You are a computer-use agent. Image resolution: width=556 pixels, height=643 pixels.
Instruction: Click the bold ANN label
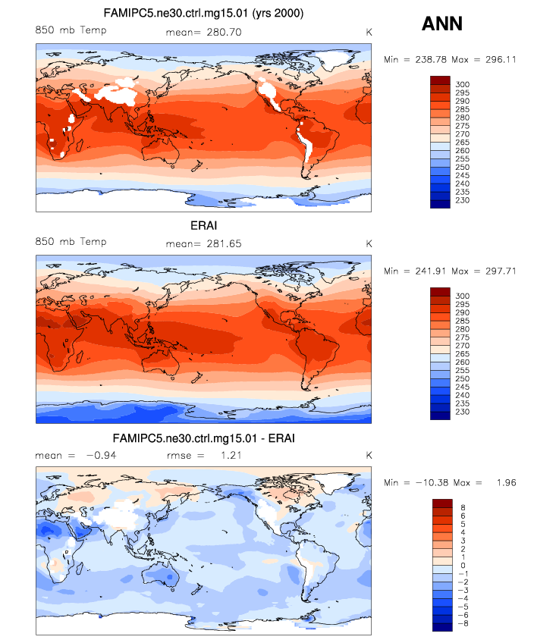coord(442,24)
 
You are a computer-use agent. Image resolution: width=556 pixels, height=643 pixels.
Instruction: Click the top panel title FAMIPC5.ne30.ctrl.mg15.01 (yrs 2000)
coord(203,14)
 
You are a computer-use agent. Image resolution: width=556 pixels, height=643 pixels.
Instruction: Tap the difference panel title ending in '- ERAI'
coord(203,438)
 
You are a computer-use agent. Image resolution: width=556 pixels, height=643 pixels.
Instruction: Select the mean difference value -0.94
coord(99,456)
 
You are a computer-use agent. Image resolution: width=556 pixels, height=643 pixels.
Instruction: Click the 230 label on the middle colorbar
coord(463,412)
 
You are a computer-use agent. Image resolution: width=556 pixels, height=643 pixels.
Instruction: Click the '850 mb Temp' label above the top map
coord(71,30)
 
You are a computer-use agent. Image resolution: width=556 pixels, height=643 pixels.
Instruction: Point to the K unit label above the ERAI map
coord(369,244)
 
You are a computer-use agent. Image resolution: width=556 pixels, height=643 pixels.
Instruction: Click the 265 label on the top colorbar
coord(463,142)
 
